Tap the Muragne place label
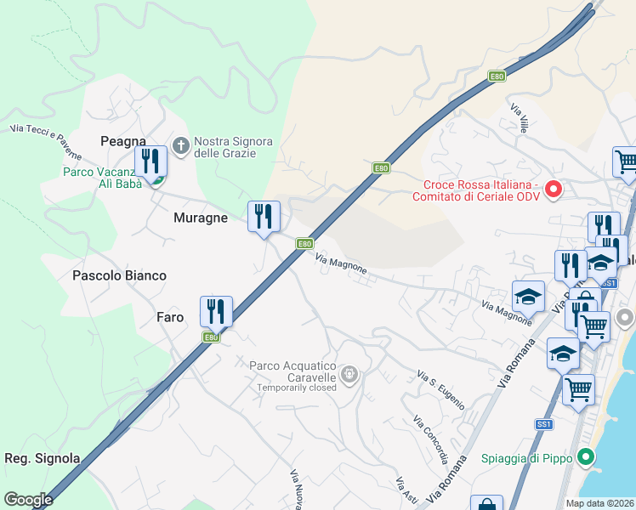coord(201,218)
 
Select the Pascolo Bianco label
coord(119,275)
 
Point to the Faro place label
coord(170,317)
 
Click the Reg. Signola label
coord(43,458)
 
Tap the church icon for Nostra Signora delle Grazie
coord(180,146)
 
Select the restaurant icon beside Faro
coord(216,311)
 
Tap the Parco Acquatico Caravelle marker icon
coord(349,374)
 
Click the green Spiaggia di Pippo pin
coord(585,459)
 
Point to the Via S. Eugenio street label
coord(440,386)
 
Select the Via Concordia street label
coord(430,439)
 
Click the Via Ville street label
coord(520,117)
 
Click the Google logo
coord(28,500)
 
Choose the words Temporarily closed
coord(298,388)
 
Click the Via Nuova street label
coord(297,490)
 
